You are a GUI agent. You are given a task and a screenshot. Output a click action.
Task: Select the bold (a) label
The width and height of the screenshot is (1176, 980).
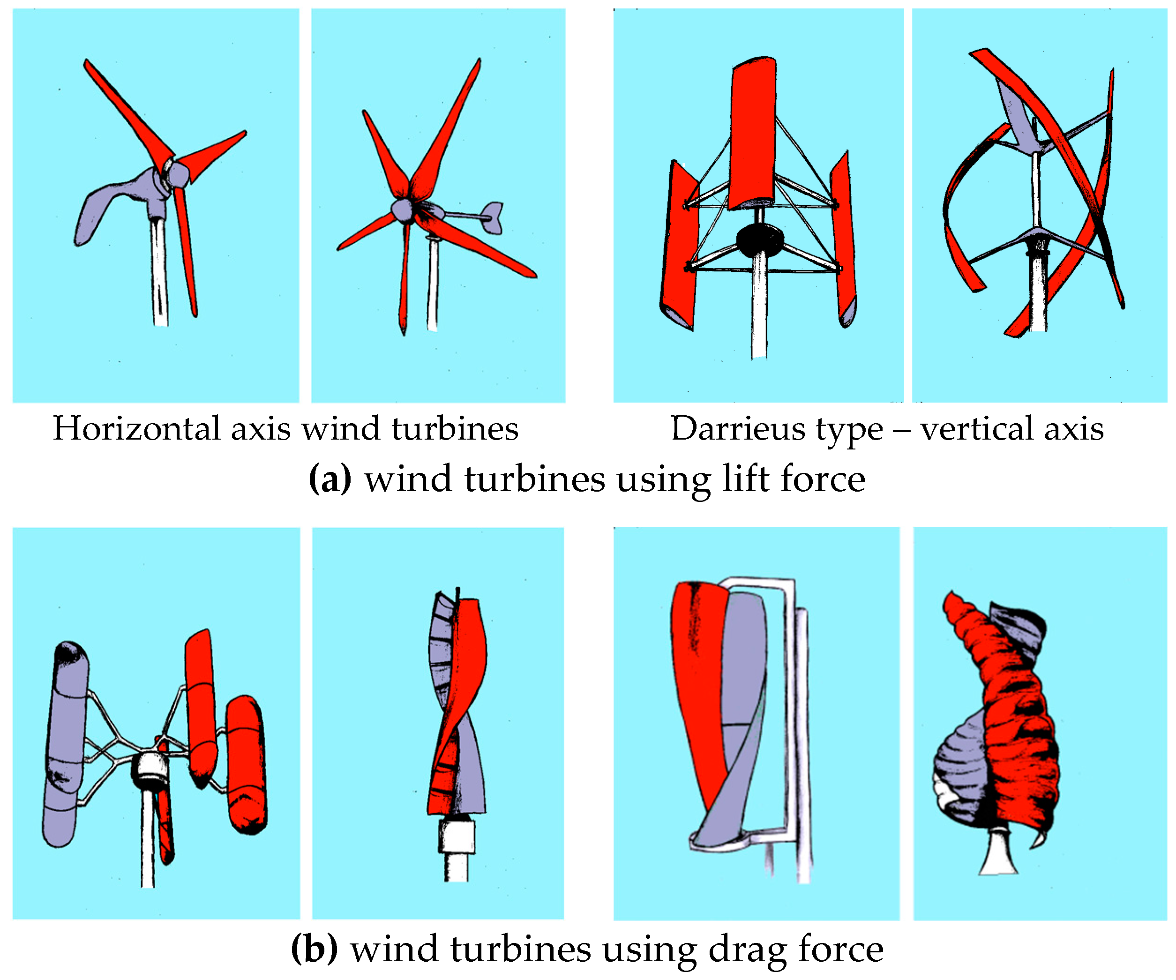coord(330,479)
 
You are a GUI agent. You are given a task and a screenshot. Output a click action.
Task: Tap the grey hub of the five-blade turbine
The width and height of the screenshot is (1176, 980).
coord(402,210)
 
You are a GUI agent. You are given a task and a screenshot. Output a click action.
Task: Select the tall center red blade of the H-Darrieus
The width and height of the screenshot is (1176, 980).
coord(753,135)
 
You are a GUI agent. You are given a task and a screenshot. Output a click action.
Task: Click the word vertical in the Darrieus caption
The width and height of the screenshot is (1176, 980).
coord(977,429)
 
